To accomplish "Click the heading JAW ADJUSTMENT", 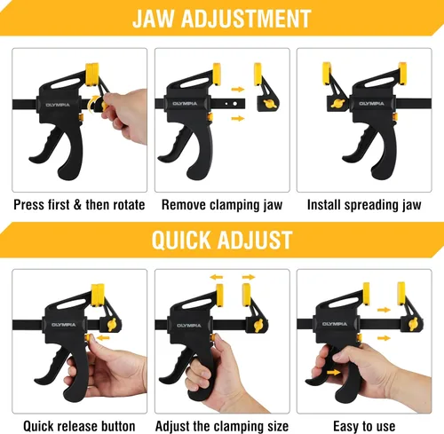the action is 222,19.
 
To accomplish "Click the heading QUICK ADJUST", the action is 222,240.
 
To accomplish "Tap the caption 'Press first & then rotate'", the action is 79,205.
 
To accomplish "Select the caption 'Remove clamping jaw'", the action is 222,205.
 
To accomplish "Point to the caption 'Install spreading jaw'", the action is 364,205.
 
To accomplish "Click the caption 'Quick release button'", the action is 79,426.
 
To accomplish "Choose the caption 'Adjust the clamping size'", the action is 222,427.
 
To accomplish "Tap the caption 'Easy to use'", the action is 364,427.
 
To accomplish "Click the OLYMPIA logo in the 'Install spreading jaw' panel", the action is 371,104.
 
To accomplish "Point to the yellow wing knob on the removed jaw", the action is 270,104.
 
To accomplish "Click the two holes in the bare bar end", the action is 231,104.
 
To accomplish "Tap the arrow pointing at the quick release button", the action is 104,338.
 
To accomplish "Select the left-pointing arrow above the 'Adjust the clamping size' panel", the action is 217,277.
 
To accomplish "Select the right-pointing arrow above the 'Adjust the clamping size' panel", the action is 249,277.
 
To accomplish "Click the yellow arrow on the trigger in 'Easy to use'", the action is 334,372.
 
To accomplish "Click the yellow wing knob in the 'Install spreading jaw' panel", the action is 337,103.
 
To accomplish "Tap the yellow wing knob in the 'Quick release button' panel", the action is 113,325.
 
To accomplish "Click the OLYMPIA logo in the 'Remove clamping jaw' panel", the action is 185,104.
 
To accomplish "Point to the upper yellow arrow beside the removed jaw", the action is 238,89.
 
